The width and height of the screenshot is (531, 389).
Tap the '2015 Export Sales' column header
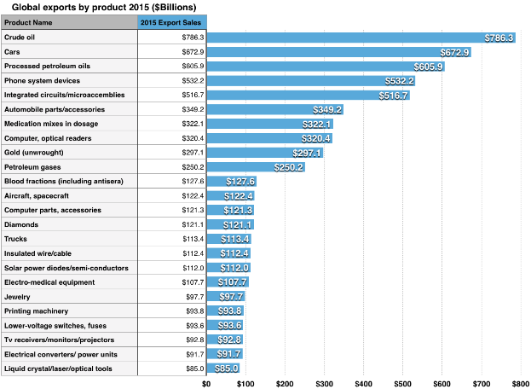171,21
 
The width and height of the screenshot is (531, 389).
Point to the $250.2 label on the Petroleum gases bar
288,167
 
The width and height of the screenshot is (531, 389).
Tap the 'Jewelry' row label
19,296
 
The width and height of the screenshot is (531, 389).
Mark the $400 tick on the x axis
364,384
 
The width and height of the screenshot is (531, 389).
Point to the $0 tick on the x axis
206,384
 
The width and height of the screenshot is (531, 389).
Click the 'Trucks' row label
17,239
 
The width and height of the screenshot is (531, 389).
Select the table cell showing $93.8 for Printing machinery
193,311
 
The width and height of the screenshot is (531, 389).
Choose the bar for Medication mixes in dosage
256,125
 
